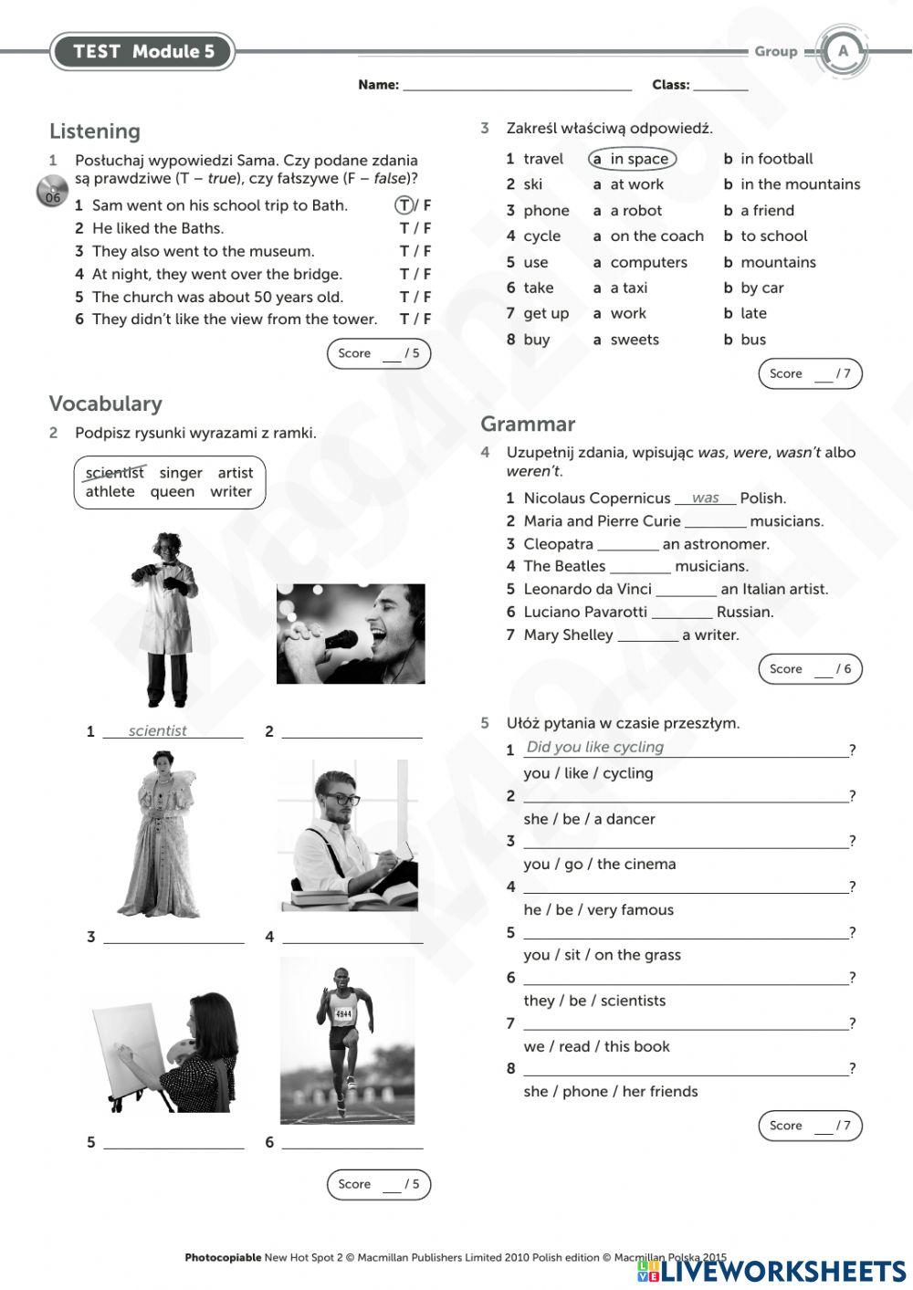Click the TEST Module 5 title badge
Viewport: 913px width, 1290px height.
tap(143, 52)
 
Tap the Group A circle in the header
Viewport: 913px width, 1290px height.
tap(843, 52)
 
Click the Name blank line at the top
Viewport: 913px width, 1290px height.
tap(517, 86)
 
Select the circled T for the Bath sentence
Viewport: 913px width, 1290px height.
tap(404, 205)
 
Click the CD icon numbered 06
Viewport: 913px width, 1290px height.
tap(53, 192)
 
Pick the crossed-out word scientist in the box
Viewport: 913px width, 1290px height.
tap(114, 473)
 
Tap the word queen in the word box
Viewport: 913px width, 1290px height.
tap(173, 492)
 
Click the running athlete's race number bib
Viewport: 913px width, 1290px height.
tap(343, 1013)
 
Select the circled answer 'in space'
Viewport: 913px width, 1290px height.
tap(632, 159)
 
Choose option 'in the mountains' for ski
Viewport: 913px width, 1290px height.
tap(800, 184)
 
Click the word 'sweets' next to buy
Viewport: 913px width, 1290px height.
tap(635, 340)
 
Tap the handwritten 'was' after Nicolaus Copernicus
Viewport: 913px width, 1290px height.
tap(705, 498)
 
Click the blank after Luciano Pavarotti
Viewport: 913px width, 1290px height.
tap(681, 614)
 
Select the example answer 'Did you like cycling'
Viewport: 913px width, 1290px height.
tap(594, 747)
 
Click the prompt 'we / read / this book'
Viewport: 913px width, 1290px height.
tap(596, 1046)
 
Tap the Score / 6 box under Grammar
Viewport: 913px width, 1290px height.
tap(810, 669)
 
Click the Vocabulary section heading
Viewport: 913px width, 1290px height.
tap(105, 404)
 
